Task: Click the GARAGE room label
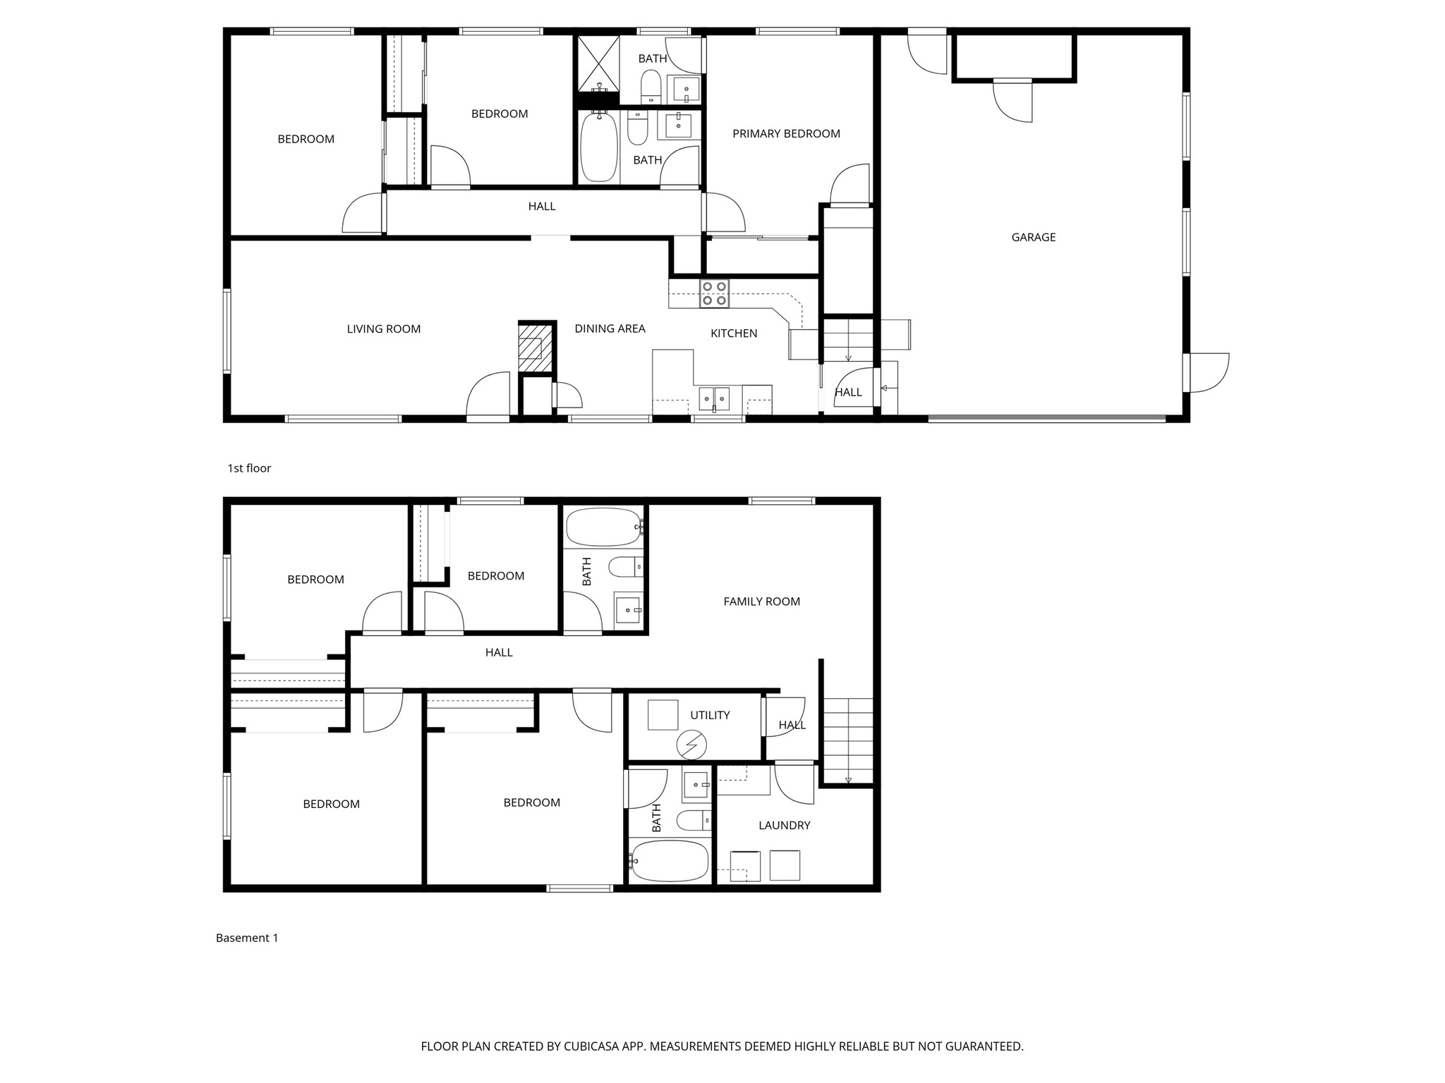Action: (x=1033, y=238)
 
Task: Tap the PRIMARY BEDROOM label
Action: (x=786, y=134)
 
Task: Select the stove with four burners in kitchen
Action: (x=714, y=293)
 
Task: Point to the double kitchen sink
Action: (x=714, y=398)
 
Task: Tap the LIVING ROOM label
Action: (x=383, y=329)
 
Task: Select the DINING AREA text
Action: (x=610, y=329)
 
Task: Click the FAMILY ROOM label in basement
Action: (x=761, y=601)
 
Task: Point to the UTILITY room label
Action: (x=709, y=715)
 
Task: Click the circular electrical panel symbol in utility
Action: (x=691, y=745)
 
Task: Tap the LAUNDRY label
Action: (x=784, y=825)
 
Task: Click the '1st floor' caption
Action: (x=249, y=468)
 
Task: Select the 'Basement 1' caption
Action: (x=247, y=938)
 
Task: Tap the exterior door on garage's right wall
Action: (x=1208, y=372)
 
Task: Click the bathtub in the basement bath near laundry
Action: (x=669, y=860)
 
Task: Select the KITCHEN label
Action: (x=733, y=334)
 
